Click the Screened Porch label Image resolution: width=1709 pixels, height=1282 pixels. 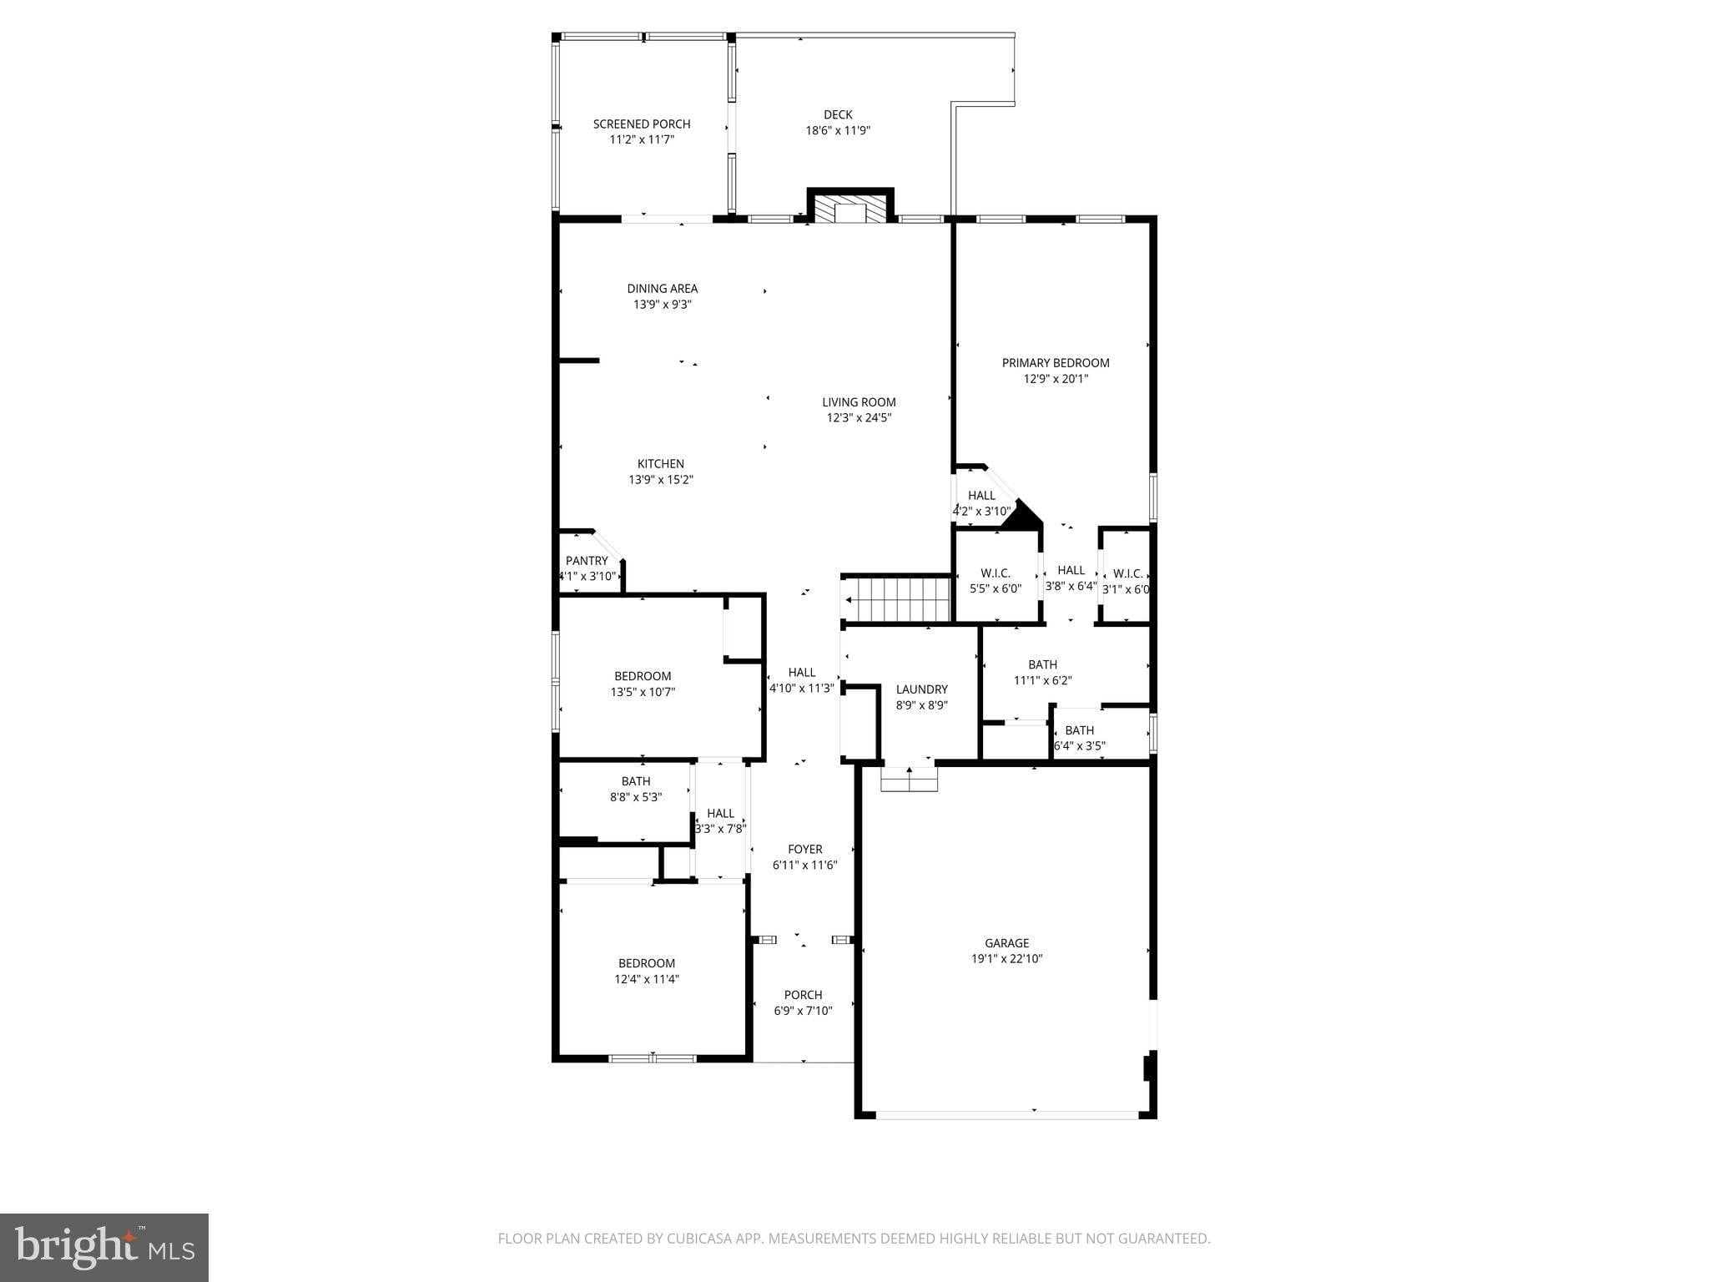tap(642, 124)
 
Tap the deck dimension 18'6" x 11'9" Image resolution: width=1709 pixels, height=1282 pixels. tap(838, 131)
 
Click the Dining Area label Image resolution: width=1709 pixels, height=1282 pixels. tap(663, 289)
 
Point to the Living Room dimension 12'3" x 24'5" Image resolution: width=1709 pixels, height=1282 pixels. tap(859, 418)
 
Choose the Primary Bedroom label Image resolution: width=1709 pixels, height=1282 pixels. tap(1056, 363)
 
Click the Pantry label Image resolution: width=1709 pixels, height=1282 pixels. tap(587, 561)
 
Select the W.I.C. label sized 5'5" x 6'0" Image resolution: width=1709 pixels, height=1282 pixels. tap(996, 573)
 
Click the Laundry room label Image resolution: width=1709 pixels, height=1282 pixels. tap(922, 689)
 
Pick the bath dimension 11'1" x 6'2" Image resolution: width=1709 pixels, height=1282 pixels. tap(1042, 680)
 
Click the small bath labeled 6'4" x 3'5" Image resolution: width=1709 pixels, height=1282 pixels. tap(1079, 730)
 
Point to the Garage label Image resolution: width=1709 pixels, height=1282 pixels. tap(1006, 943)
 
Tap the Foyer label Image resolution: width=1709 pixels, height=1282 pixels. tap(804, 850)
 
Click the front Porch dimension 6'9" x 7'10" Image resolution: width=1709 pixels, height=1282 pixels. tap(803, 1011)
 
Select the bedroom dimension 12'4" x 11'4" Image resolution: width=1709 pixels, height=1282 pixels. tap(647, 979)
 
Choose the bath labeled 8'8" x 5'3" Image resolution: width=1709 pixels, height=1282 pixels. tap(636, 782)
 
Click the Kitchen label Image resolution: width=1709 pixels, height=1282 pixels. tap(661, 464)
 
